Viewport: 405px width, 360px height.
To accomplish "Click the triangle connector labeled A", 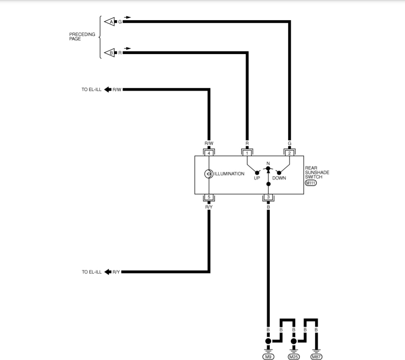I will [x=109, y=22].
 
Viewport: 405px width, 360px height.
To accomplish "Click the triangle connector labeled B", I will [x=109, y=53].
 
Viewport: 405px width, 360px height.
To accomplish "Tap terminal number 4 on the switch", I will [x=209, y=153].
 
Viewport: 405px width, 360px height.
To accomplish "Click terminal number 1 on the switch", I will [x=247, y=153].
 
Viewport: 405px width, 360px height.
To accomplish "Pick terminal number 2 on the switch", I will [x=289, y=153].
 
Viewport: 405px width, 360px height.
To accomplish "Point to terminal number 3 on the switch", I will [x=268, y=196].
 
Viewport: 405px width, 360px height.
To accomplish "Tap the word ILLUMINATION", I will [x=229, y=174].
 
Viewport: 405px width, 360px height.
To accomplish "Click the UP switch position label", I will [x=257, y=178].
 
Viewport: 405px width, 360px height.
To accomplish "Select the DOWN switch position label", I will [x=279, y=178].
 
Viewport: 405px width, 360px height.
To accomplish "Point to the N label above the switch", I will [x=268, y=164].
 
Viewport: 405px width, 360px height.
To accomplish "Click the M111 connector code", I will [x=311, y=182].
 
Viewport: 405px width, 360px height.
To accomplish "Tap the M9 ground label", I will [x=268, y=356].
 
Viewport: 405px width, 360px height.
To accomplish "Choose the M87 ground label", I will [x=316, y=356].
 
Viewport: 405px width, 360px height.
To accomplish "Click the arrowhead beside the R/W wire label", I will [x=108, y=90].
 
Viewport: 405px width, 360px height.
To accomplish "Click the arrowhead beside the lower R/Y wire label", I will [x=108, y=272].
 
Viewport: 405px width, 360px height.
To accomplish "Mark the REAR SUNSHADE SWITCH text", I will [x=317, y=172].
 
